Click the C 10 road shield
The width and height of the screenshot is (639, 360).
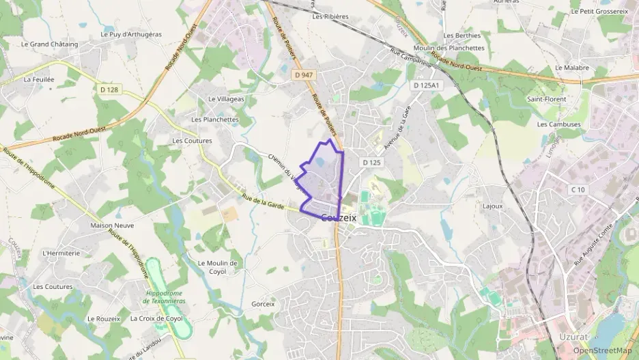pos(578,189)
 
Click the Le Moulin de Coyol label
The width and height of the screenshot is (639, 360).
pos(217,266)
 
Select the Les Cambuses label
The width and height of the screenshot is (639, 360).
pos(558,124)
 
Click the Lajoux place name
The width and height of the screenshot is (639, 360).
pos(492,206)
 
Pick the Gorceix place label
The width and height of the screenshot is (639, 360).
pos(263,304)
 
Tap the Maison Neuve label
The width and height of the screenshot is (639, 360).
pos(112,225)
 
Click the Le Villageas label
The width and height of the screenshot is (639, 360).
pos(226,99)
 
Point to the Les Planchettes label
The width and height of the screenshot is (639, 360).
pos(215,119)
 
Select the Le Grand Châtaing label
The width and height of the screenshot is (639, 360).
pos(49,44)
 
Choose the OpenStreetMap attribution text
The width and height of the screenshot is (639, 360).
pos(602,350)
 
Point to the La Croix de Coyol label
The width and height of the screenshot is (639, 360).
pos(156,318)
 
